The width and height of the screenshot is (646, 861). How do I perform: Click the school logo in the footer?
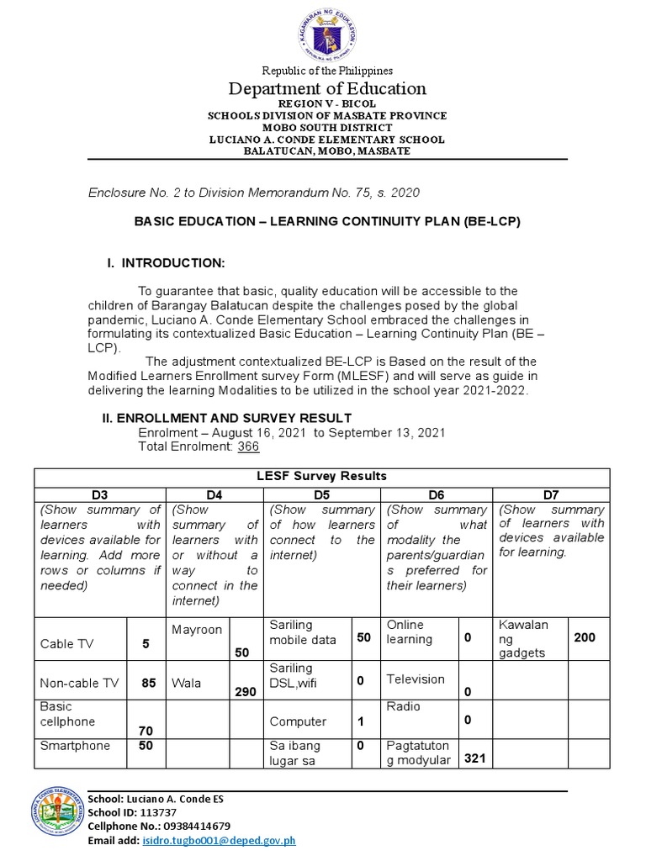click(57, 818)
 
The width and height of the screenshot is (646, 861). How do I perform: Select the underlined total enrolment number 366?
click(248, 446)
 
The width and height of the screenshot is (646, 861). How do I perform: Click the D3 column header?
click(99, 495)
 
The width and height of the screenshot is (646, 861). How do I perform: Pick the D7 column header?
click(551, 495)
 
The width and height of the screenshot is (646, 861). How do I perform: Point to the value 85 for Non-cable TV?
click(149, 684)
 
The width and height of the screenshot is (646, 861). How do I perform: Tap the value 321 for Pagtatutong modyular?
click(475, 758)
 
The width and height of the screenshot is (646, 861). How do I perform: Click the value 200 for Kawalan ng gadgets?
click(585, 638)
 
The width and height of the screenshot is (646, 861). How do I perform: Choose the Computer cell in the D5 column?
click(298, 721)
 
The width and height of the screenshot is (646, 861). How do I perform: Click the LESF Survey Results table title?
click(321, 476)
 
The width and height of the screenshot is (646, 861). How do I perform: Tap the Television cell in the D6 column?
click(416, 679)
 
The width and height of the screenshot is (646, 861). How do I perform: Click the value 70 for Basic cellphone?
click(145, 732)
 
